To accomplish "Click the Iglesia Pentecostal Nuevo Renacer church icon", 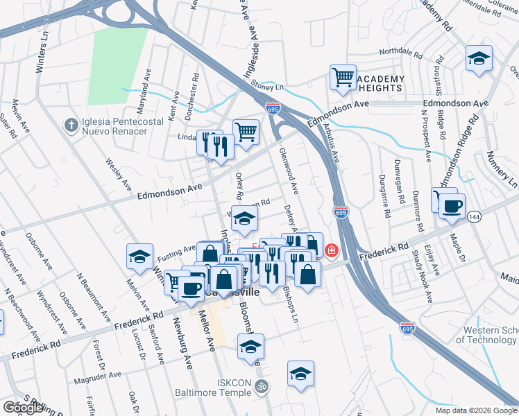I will point(69,125).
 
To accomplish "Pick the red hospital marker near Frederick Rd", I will point(332,250).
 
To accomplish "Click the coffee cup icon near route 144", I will point(452,207).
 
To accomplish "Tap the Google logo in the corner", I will point(23,408).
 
